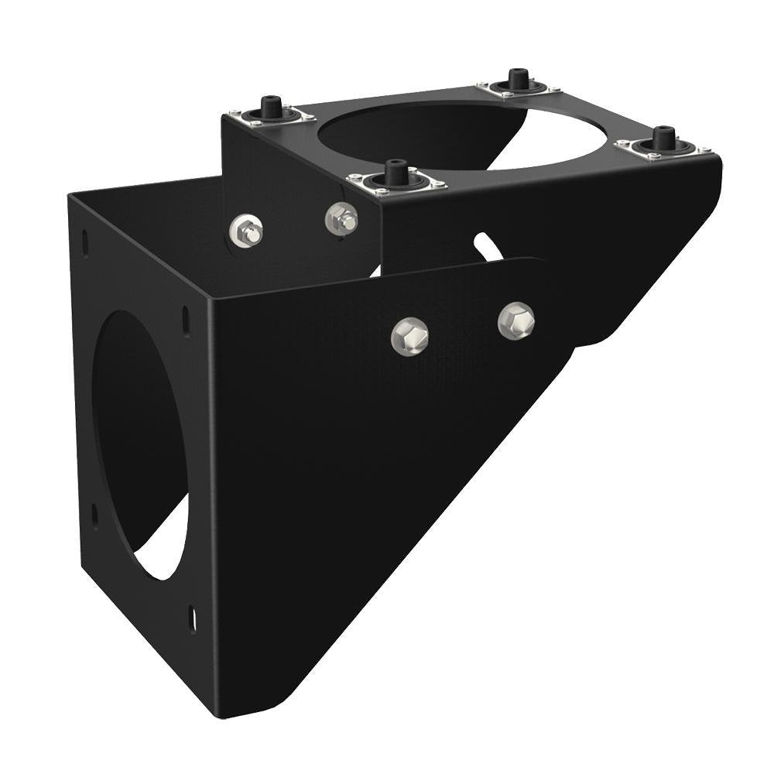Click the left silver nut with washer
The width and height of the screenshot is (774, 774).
click(246, 231)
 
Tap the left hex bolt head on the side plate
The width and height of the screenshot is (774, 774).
click(409, 335)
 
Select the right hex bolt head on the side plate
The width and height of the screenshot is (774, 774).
click(516, 320)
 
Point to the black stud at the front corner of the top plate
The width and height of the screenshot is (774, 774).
click(396, 172)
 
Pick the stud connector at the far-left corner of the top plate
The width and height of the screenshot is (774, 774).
click(270, 109)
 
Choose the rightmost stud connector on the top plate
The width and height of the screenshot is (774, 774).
click(663, 139)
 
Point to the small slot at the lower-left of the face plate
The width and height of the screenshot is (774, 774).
click(94, 515)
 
